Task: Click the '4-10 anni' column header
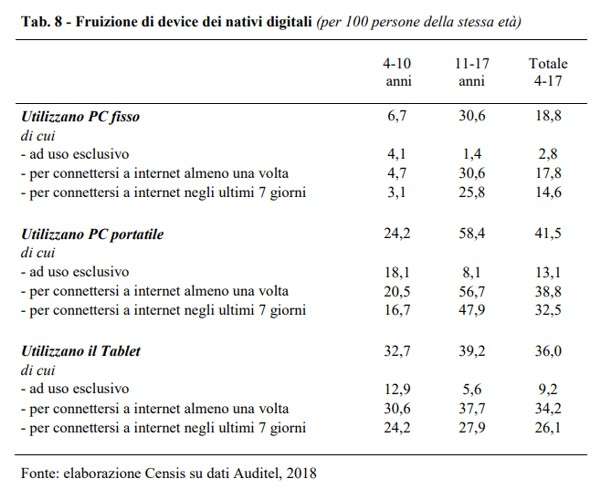click(x=391, y=71)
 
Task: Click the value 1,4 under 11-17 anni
click(x=470, y=155)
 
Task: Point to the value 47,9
click(x=470, y=310)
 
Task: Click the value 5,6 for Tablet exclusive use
click(x=470, y=388)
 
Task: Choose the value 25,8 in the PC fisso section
click(x=470, y=194)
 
